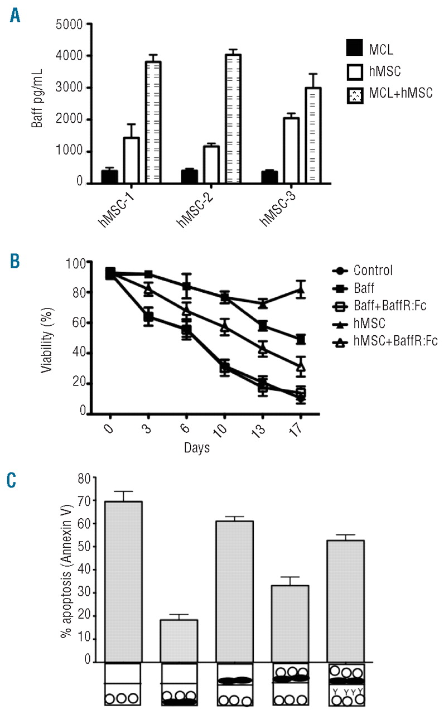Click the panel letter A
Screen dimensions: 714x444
[x=15, y=16]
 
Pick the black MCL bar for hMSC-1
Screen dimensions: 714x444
[x=109, y=176]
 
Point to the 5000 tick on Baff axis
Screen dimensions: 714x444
[x=67, y=24]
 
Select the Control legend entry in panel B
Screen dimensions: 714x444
[x=373, y=271]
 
